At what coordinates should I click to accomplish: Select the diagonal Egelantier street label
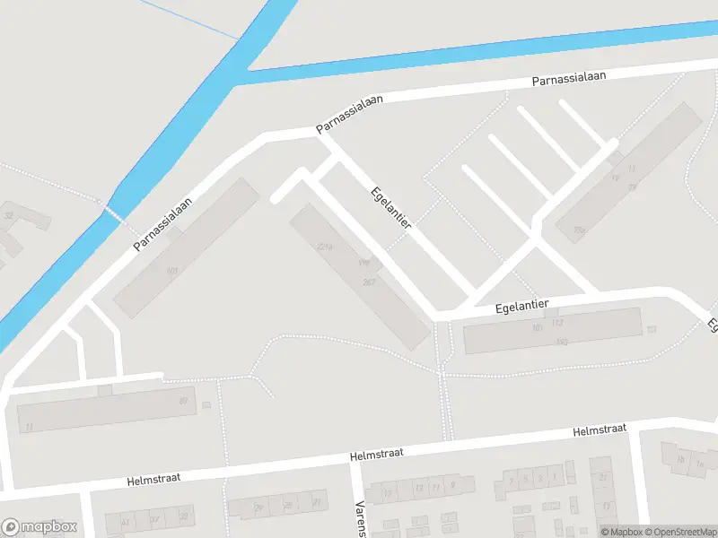tap(390, 207)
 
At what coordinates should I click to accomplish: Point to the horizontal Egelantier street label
tap(521, 306)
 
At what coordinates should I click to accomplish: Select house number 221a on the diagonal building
tap(325, 246)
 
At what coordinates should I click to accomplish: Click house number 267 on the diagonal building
tap(368, 282)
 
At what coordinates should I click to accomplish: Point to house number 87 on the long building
tap(183, 401)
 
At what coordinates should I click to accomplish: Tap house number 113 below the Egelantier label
tap(557, 322)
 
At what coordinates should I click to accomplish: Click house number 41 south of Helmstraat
tap(125, 521)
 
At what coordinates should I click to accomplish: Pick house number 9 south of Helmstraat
tap(453, 485)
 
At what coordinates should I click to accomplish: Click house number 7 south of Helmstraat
tap(511, 482)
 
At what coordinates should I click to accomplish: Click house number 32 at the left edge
tap(9, 216)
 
